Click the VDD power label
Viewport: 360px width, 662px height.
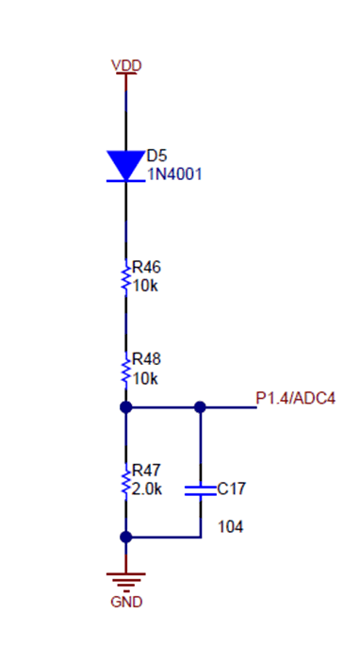tap(126, 65)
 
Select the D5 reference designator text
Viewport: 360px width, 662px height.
tap(156, 156)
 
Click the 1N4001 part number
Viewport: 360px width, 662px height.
tap(174, 174)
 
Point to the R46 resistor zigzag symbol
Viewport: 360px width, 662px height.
tap(125, 278)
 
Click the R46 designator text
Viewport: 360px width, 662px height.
tap(146, 268)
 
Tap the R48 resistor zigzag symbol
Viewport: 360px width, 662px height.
tap(125, 369)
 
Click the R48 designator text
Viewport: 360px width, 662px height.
tap(146, 359)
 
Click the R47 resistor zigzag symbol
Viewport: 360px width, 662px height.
tap(125, 480)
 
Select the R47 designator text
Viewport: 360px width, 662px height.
tap(146, 471)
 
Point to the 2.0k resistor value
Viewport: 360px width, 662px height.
tap(148, 488)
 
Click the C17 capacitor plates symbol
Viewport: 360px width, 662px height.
tap(200, 489)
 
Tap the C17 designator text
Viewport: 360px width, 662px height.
tap(231, 488)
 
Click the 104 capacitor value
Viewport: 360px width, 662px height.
tap(230, 526)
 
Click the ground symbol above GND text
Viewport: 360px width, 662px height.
tap(125, 578)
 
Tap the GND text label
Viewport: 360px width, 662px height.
tap(126, 602)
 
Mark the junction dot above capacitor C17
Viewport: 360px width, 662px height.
tap(200, 407)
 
